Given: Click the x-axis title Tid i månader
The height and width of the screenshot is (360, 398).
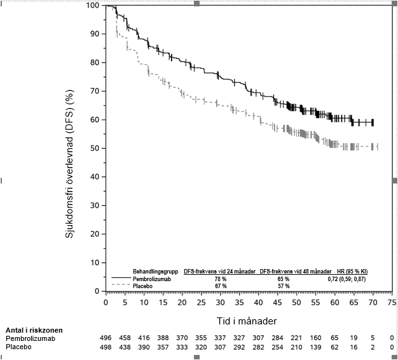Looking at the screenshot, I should (x=249, y=315).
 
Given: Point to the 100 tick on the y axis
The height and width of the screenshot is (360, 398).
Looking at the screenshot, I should (x=93, y=5).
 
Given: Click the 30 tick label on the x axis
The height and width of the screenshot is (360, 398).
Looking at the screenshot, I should (x=220, y=301).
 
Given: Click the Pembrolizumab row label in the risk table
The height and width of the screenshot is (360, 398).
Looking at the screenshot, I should (x=29, y=338).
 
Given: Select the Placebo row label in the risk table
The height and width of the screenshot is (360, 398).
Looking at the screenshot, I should (x=18, y=347).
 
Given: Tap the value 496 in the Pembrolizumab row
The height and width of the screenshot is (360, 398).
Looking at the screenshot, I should (x=106, y=338).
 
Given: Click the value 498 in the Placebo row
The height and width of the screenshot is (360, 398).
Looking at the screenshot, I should (x=106, y=347).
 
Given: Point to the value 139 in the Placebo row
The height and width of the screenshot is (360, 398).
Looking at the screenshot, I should (x=315, y=347).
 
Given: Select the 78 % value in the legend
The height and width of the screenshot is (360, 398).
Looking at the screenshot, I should (x=221, y=279).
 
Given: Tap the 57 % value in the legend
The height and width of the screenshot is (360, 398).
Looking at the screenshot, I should (x=283, y=286).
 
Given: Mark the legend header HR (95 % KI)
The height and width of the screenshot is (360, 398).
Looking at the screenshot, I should (x=352, y=272).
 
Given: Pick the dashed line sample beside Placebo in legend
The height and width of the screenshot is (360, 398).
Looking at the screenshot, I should (x=121, y=286).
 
